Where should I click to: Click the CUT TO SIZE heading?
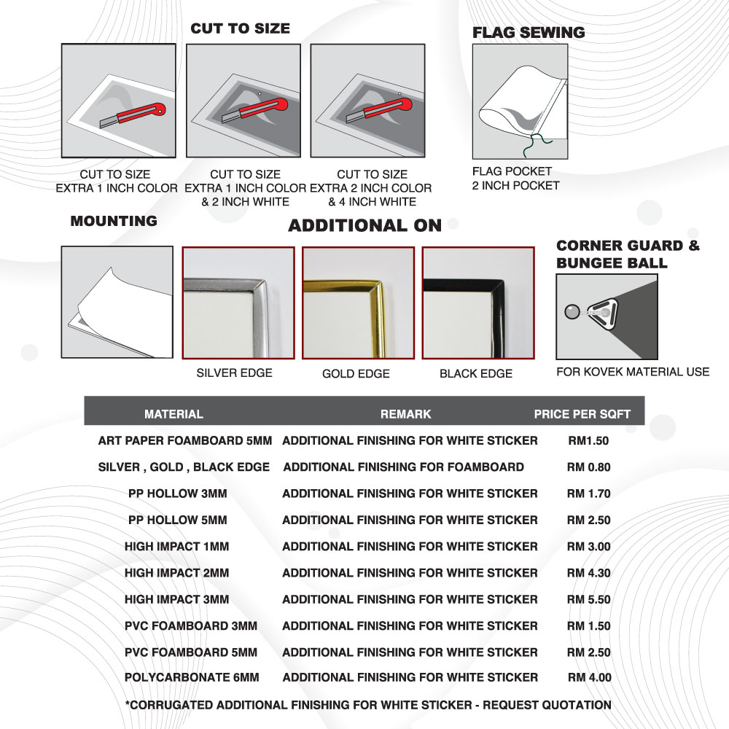point(240,28)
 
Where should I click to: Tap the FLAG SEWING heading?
point(529,33)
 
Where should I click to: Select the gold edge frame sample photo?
point(358,303)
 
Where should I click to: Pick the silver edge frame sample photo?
point(238,303)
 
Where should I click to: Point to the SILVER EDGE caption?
point(234,373)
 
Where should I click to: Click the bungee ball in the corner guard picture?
point(571,312)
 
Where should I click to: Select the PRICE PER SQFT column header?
point(582,414)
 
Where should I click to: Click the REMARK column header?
point(405,414)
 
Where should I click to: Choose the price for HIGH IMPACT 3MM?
point(588,599)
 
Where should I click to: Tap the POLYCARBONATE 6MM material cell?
point(191,678)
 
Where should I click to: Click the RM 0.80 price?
point(588,467)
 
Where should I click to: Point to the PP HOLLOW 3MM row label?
point(177,494)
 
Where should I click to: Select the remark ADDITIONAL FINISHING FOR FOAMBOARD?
point(403,467)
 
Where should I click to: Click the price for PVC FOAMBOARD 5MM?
point(588,652)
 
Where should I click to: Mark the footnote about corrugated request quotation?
point(368,705)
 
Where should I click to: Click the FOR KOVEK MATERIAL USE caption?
point(632,372)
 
